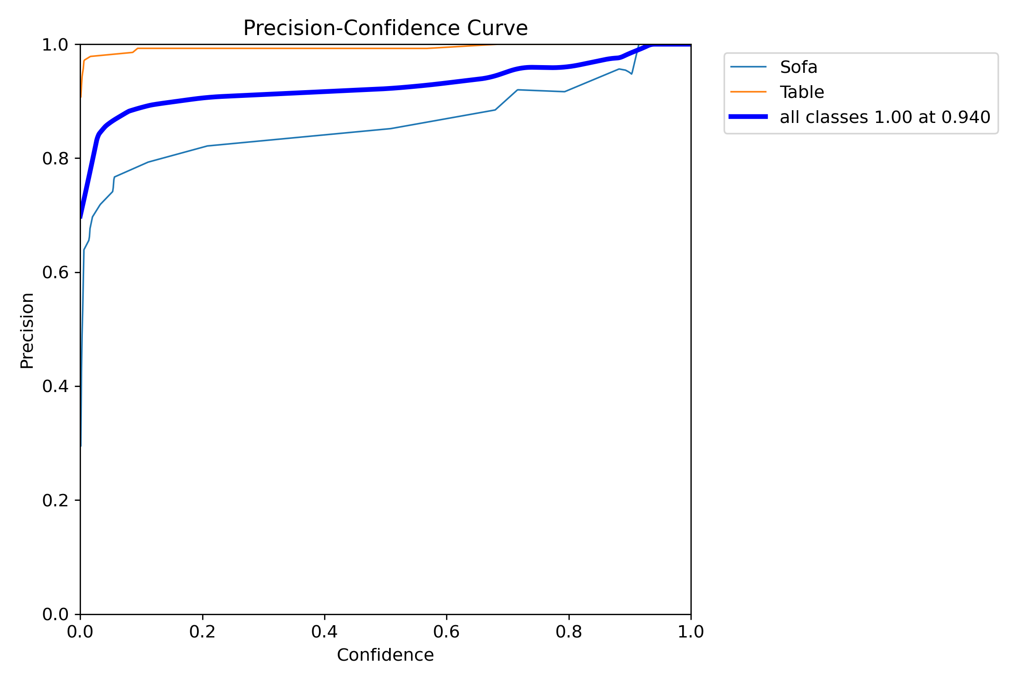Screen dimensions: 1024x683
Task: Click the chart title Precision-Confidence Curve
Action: click(x=385, y=28)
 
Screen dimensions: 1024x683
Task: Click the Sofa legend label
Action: click(x=798, y=67)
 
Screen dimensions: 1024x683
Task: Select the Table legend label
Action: click(x=802, y=92)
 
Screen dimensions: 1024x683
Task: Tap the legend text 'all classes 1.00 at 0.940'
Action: click(x=885, y=117)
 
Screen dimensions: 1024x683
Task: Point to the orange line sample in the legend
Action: click(x=749, y=92)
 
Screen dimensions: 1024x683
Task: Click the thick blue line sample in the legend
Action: click(x=749, y=117)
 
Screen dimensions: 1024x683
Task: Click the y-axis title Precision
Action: click(x=27, y=331)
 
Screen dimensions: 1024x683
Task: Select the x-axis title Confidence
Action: click(x=385, y=655)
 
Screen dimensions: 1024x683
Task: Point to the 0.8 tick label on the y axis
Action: click(x=55, y=158)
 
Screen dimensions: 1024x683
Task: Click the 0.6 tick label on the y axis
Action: click(x=55, y=272)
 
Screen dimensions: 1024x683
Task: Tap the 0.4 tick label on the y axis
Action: click(x=55, y=386)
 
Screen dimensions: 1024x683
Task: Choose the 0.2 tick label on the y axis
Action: click(x=55, y=500)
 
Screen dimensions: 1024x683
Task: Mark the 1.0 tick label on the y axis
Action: click(x=55, y=45)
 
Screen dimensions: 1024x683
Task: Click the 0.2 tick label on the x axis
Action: click(x=203, y=632)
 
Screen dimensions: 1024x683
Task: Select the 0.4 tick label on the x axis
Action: click(x=324, y=632)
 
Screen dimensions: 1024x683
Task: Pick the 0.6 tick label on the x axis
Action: click(x=446, y=632)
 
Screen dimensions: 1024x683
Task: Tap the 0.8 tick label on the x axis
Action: click(x=569, y=632)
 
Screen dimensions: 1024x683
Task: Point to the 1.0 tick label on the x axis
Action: click(x=691, y=632)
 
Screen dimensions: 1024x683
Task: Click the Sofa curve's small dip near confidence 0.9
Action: click(x=632, y=74)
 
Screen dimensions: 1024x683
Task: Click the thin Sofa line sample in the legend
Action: click(x=749, y=67)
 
